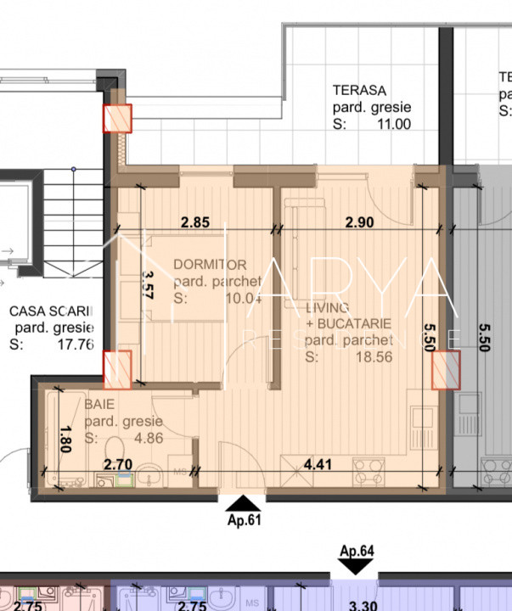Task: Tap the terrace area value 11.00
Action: [394, 124]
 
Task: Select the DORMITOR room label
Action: [210, 265]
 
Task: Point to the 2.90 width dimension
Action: [360, 223]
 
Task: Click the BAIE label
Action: [99, 405]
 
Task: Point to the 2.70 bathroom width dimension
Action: [118, 464]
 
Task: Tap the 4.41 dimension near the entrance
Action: [318, 464]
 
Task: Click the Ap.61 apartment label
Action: [242, 521]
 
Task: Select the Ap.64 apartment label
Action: [357, 552]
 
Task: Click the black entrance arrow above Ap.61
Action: [242, 504]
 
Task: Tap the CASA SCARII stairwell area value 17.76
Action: [76, 345]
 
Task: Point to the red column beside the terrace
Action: [117, 119]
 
